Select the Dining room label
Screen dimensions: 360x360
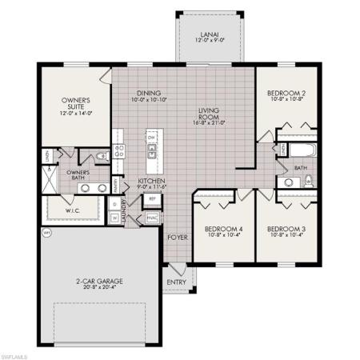click(x=150, y=92)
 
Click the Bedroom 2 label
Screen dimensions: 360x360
click(x=287, y=94)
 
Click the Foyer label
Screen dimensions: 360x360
click(x=176, y=237)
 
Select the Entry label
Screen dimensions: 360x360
click(x=176, y=282)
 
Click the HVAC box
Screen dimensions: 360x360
click(x=151, y=217)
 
